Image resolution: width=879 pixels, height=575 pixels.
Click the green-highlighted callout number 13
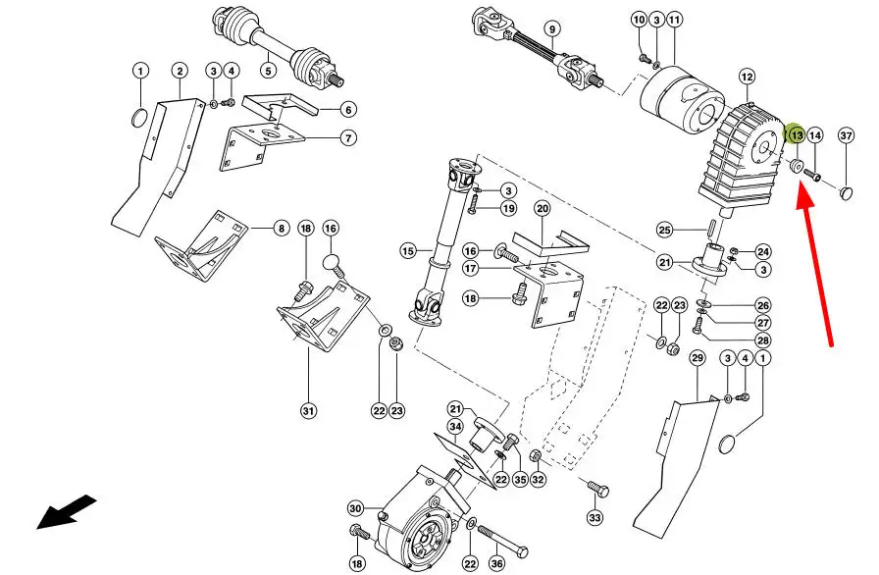[x=797, y=134]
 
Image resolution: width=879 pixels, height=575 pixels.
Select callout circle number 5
[x=267, y=70]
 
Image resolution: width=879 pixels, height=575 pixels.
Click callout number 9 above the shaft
[x=551, y=29]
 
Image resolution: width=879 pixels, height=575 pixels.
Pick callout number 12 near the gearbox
[x=748, y=77]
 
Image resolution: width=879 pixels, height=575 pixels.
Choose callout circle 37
[x=847, y=136]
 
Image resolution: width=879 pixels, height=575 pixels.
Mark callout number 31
[x=307, y=410]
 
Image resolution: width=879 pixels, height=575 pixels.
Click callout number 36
[x=496, y=564]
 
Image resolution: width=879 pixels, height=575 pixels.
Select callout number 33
[x=595, y=517]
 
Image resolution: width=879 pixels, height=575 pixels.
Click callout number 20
[x=543, y=208]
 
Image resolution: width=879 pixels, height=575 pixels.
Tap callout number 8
[x=281, y=229]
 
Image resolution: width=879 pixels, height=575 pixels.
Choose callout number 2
[x=180, y=71]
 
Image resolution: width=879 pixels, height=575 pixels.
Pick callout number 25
[x=664, y=231]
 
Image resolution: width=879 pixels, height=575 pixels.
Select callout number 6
[x=348, y=109]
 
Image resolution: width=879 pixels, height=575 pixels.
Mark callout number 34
[x=455, y=426]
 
